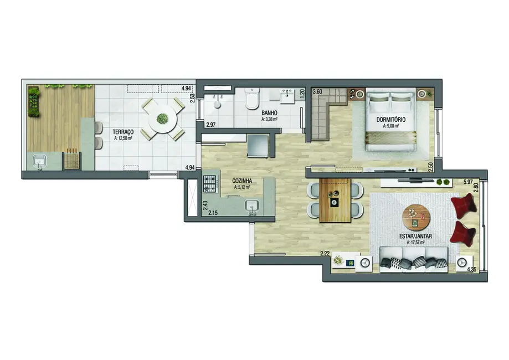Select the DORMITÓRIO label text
[x=391, y=119]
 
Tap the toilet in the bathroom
[x=251, y=100]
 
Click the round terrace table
[x=162, y=118]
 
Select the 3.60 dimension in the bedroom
[x=317, y=92]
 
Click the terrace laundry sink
[x=39, y=162]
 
